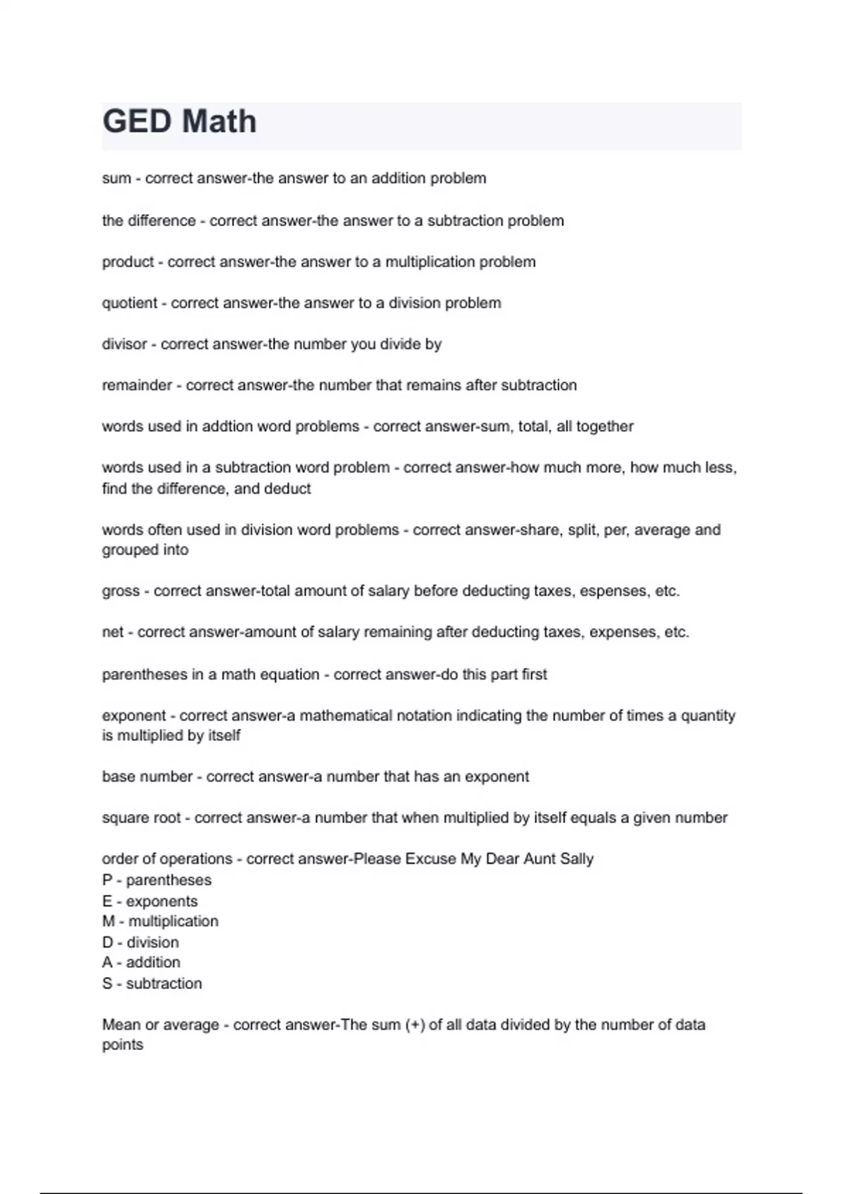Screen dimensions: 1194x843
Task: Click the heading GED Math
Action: [180, 122]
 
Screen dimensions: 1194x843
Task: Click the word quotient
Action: [129, 303]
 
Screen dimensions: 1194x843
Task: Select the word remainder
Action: [137, 386]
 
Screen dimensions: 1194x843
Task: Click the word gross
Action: [121, 591]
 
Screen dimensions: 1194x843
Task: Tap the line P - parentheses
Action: [157, 880]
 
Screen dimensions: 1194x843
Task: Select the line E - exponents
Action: [150, 901]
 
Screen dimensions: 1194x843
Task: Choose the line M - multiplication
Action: [160, 921]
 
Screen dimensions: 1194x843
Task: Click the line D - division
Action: [140, 943]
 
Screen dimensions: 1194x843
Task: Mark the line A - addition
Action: [141, 963]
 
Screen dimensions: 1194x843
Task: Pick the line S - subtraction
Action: [152, 983]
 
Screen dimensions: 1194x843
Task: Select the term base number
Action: [147, 777]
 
